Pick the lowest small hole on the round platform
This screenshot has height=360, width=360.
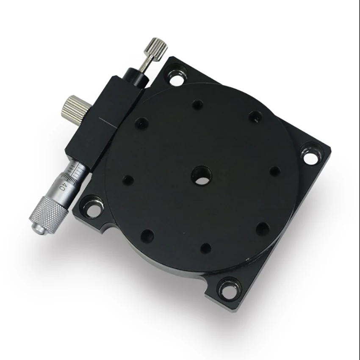pos(206,248)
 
